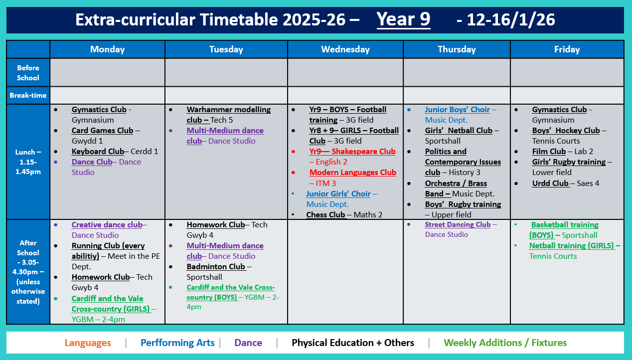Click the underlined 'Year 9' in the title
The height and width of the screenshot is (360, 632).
pos(403,19)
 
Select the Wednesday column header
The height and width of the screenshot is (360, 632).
pos(345,49)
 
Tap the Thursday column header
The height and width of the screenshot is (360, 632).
pos(457,49)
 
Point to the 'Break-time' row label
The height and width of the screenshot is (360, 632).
pos(28,95)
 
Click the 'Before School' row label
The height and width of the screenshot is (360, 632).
pos(28,73)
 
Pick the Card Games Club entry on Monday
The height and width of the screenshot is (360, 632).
pos(102,131)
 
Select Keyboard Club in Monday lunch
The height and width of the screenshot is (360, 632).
pos(98,152)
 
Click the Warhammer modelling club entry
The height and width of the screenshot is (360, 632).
pos(228,110)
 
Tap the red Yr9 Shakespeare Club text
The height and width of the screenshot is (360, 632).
pos(352,152)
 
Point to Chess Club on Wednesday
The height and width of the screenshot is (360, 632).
pos(325,215)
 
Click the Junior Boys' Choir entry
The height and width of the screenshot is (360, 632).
pos(457,110)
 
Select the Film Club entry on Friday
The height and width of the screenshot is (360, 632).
pos(549,152)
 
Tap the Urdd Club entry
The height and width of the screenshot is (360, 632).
pos(550,183)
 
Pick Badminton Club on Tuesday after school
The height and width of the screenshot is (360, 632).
pos(216,267)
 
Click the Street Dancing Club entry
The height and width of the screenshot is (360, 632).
pos(458,225)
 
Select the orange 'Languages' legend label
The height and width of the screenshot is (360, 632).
pos(88,343)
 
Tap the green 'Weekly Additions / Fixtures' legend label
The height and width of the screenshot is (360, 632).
pos(505,343)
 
